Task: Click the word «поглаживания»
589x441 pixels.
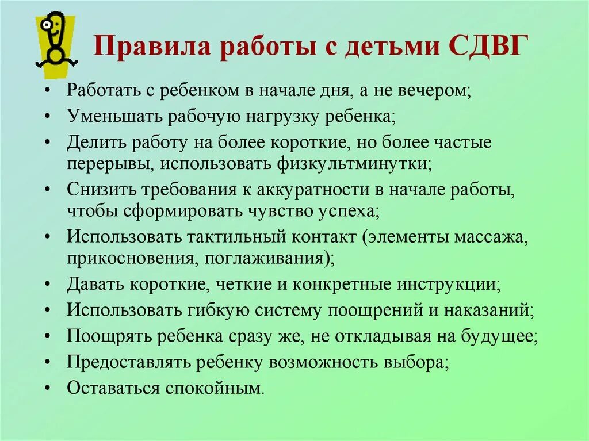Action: coord(269,257)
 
